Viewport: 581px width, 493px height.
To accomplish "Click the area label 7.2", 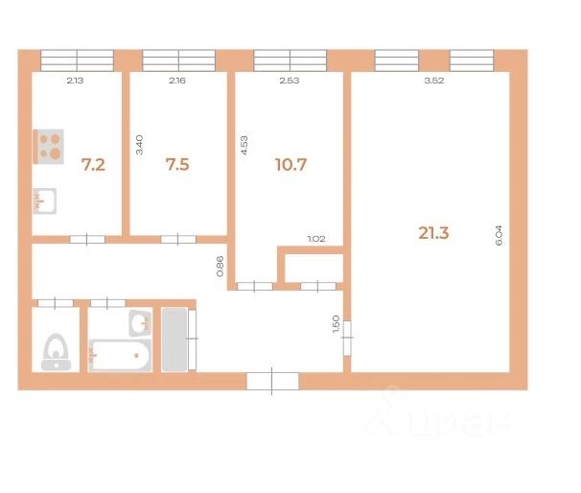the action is pos(93,165).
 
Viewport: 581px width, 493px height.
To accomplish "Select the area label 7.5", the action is pos(177,165).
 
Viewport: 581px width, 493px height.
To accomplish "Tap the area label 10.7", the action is pos(290,165).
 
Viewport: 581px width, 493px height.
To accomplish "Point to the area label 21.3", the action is pos(433,233).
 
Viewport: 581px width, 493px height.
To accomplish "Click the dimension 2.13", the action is pos(75,81).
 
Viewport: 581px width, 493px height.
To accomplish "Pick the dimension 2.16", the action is pos(177,81).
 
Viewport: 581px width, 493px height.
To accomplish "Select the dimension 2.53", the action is pos(290,81).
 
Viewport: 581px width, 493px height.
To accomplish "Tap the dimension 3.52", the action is pos(434,81).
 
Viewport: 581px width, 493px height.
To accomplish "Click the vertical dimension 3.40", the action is pos(139,145).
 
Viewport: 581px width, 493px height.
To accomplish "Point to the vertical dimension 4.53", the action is pos(244,145).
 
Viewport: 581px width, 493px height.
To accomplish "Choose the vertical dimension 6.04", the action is pos(499,235).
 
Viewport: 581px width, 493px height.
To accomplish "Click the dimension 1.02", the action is pos(316,239).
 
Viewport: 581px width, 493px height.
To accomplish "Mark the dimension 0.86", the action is pos(220,266).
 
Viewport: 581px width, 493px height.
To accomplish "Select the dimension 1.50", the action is pos(337,323).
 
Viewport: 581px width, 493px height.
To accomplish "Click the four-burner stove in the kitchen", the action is pos(49,147).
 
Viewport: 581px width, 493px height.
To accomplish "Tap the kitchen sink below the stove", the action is pos(45,200).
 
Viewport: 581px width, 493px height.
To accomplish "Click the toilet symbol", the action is pos(56,352).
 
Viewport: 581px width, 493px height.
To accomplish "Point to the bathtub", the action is pos(120,355).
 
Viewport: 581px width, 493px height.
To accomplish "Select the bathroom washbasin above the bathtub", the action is pos(140,323).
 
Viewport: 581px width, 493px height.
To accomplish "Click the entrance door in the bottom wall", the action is pos(272,381).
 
